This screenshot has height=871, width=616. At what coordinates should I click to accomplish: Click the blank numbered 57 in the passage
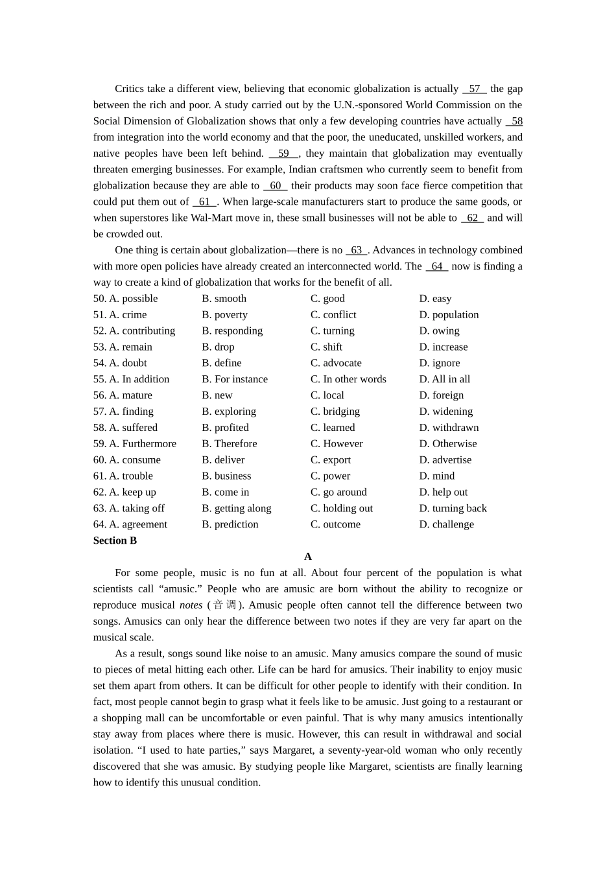[x=474, y=89]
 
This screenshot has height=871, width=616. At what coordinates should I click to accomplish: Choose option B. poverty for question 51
[x=224, y=315]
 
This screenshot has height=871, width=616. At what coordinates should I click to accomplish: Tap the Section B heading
[x=115, y=540]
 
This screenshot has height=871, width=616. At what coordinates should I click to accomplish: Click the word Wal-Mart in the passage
[x=212, y=218]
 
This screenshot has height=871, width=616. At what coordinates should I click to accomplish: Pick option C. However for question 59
[x=337, y=444]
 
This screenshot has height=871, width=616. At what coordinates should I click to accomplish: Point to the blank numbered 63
[x=356, y=250]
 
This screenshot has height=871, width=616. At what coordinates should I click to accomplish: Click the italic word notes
[x=191, y=605]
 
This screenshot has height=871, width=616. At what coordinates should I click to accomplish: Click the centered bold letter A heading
[x=308, y=557]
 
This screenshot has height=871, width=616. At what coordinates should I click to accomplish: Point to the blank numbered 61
[x=204, y=202]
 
